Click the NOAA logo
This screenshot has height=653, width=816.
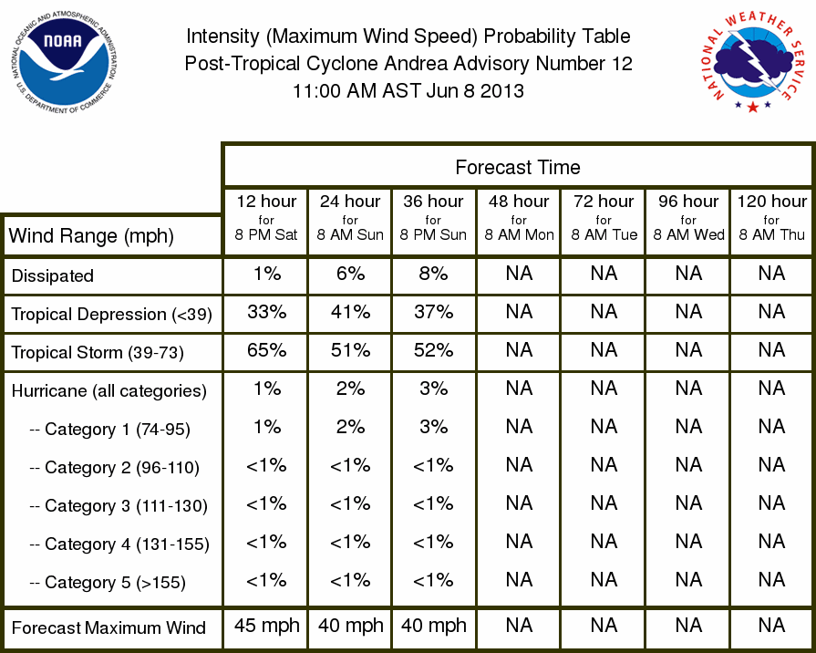point(64,63)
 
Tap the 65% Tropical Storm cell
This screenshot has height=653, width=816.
point(266,350)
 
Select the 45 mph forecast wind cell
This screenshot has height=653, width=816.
point(266,626)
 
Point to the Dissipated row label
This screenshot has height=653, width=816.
point(53,275)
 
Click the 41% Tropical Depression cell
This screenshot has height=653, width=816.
point(350,312)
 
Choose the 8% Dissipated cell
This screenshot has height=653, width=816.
point(433,274)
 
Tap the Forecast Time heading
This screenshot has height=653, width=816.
point(517,167)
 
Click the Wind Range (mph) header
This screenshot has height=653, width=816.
point(91,236)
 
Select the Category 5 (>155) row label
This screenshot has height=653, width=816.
point(108,582)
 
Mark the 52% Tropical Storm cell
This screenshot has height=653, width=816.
point(433,350)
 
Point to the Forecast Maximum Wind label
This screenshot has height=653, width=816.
point(108,627)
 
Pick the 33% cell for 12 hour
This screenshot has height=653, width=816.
point(266,312)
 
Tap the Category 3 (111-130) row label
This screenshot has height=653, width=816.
point(119,505)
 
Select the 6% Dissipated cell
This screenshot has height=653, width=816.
point(350,274)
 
